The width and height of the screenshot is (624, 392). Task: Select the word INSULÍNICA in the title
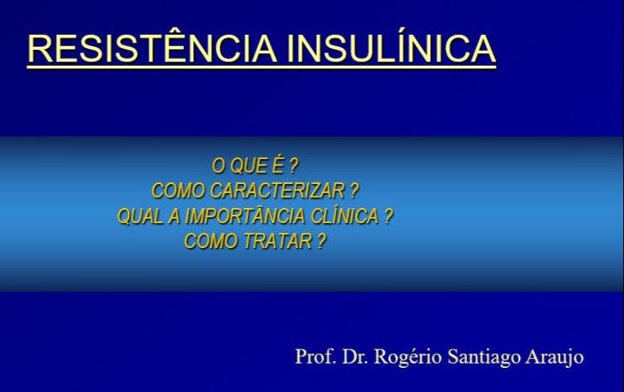pos(391,49)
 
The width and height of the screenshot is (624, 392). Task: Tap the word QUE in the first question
pos(249,165)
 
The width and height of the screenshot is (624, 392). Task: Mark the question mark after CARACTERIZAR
pos(355,191)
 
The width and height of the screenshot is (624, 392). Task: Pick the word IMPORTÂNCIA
pos(241,216)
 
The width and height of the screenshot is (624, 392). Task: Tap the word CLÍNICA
pos(343,216)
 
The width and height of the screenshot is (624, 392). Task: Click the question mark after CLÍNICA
pos(388,216)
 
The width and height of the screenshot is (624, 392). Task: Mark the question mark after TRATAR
pos(321,242)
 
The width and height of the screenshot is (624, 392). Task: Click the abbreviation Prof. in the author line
pos(314,357)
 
